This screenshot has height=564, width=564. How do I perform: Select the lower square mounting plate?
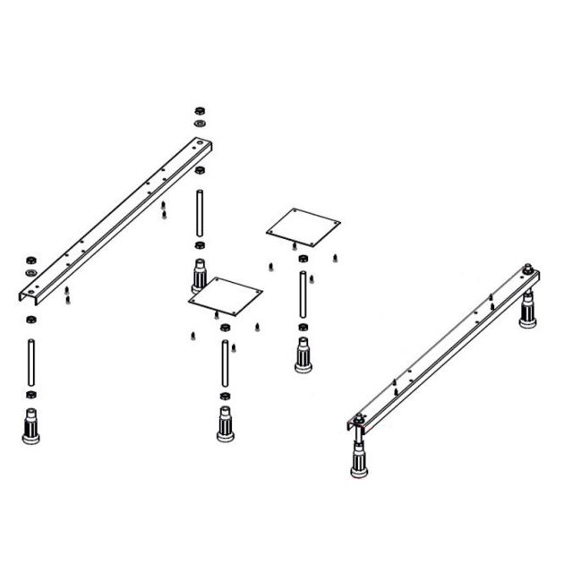click(x=225, y=295)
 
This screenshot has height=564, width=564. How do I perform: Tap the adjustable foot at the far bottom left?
click(x=31, y=424)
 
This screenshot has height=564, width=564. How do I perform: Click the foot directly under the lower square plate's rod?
click(x=225, y=423)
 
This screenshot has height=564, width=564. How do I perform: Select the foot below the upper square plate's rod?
click(x=303, y=354)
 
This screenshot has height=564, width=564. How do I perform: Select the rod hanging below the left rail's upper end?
click(x=199, y=211)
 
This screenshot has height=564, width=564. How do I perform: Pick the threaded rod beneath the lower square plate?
click(x=224, y=363)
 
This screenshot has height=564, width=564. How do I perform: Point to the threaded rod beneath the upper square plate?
click(x=303, y=293)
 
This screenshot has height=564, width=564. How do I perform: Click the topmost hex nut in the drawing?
click(x=199, y=110)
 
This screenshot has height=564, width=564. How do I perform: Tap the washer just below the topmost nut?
click(x=199, y=123)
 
